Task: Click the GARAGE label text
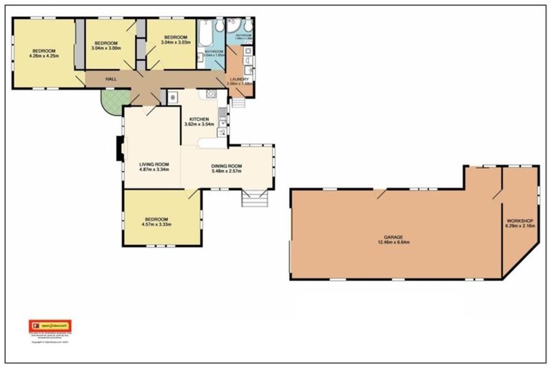(x=392, y=236)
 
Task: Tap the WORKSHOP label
(x=519, y=220)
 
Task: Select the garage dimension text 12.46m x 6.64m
(x=392, y=242)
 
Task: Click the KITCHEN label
(x=199, y=119)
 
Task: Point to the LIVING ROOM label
(x=154, y=165)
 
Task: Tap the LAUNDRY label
(x=238, y=79)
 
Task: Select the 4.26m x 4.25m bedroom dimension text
(x=44, y=55)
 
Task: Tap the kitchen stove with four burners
(x=212, y=94)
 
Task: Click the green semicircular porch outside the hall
(x=113, y=103)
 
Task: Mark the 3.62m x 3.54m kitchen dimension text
(x=199, y=124)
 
